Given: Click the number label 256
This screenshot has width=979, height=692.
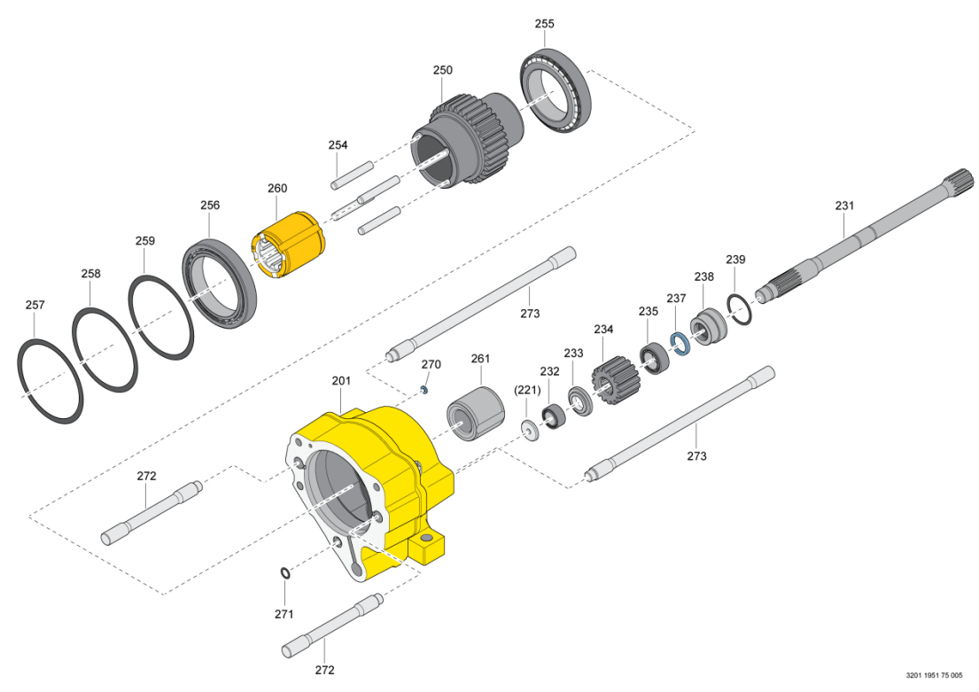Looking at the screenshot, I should (210, 205).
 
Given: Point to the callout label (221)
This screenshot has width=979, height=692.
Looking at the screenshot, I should (528, 390).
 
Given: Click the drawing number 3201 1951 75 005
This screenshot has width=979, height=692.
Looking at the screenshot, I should (934, 675).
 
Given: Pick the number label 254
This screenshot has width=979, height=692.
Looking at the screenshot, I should (338, 144).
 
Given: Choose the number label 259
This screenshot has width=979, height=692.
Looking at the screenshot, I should (145, 241).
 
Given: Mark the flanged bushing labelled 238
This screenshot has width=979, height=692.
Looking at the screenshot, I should (709, 327).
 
